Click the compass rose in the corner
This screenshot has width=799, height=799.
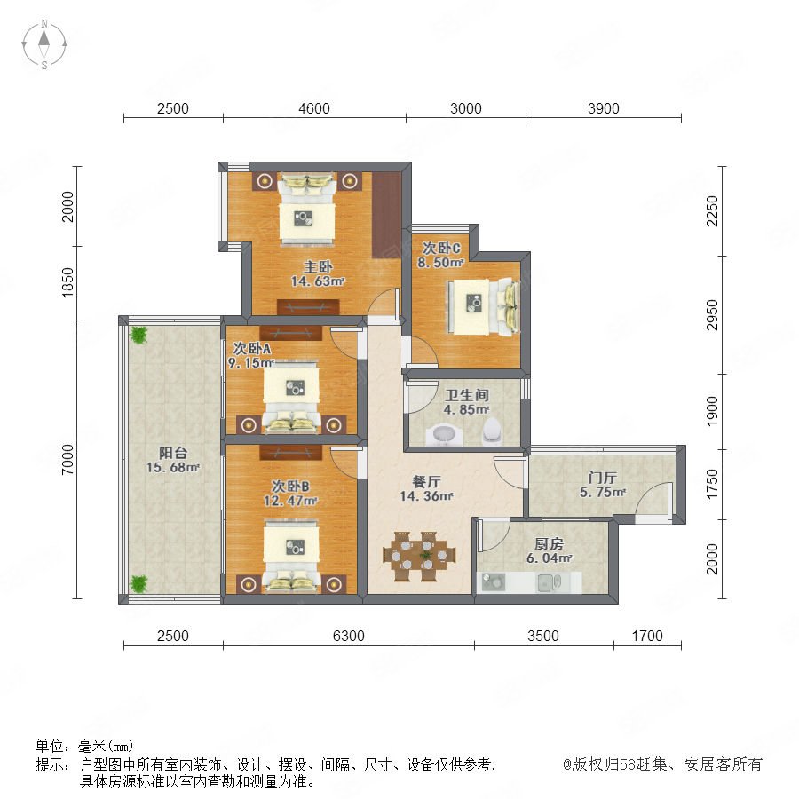tap(44, 44)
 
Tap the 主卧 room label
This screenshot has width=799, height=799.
tap(318, 266)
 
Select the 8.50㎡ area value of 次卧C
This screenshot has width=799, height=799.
tap(440, 263)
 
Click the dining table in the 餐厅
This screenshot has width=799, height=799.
tap(419, 556)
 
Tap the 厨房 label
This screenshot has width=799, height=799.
tap(549, 543)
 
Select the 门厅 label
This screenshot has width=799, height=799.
tap(602, 478)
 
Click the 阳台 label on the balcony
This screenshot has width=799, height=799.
tap(173, 453)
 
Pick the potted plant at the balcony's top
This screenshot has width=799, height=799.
tap(138, 335)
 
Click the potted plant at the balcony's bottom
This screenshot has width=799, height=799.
tap(138, 583)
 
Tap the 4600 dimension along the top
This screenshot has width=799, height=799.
tap(314, 108)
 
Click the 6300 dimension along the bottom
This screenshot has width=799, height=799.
tap(349, 636)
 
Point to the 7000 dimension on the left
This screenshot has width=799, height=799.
tap(67, 460)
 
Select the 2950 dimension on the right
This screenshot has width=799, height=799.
tap(712, 315)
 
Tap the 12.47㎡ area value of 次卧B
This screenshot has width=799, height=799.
tap(290, 501)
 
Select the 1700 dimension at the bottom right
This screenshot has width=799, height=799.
tap(647, 636)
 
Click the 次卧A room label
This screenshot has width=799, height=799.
tap(252, 349)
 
